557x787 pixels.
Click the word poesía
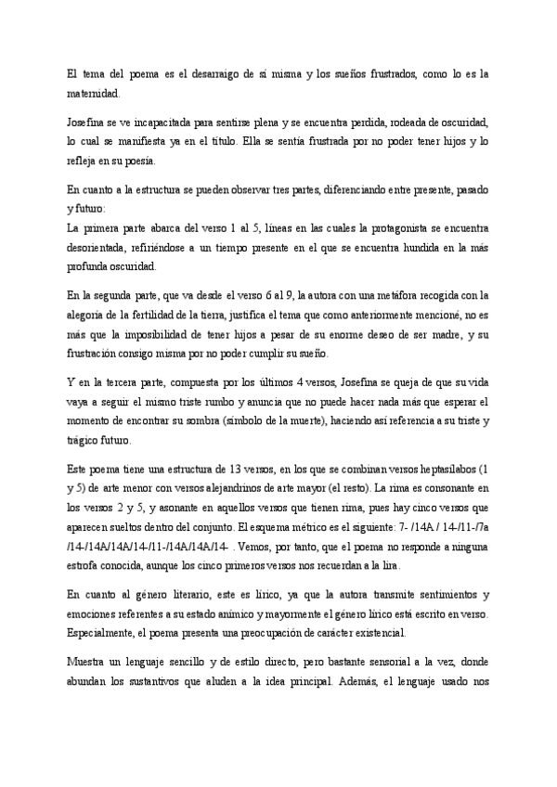(139, 160)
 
